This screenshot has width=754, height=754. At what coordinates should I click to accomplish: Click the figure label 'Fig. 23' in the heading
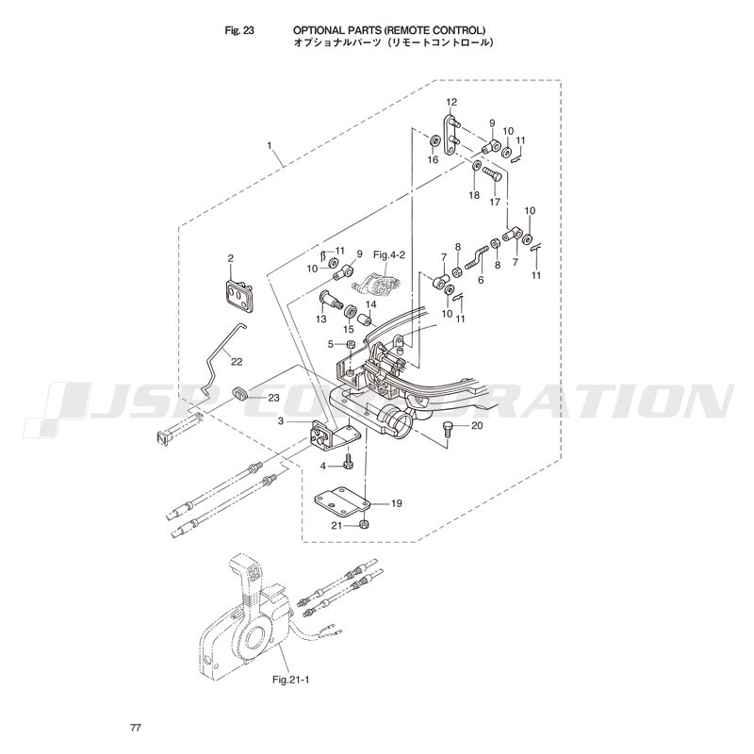click(239, 30)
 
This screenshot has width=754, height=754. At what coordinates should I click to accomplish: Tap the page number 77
click(136, 728)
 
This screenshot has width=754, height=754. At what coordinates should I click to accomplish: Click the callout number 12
click(451, 102)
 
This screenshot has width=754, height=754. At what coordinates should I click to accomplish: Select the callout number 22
click(237, 362)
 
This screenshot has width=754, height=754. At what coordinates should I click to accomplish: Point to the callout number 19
click(396, 503)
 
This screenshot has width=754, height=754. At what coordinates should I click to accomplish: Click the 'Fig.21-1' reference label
click(290, 680)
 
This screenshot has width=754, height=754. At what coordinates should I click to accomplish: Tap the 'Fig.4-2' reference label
click(389, 254)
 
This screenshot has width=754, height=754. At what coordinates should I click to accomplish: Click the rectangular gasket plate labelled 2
click(239, 298)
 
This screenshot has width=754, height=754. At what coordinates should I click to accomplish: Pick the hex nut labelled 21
click(364, 525)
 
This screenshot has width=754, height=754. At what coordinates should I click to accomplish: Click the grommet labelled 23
click(240, 394)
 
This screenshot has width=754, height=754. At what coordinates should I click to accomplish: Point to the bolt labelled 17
click(491, 174)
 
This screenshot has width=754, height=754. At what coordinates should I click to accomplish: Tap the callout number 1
click(270, 145)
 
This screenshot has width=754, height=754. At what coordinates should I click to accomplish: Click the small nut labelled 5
click(351, 344)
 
